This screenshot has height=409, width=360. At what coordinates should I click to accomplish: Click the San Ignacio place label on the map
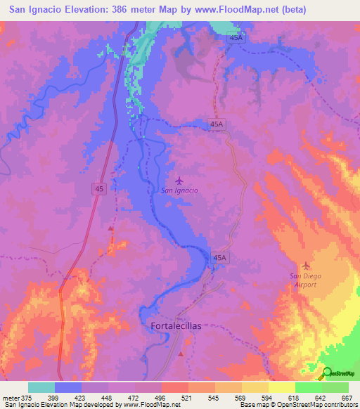[x=179, y=190]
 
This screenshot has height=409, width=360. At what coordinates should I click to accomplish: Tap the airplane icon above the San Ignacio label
[x=179, y=180]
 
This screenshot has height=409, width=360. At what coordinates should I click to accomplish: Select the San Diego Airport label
[x=304, y=280]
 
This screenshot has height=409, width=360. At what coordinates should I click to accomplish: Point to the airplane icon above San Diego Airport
[x=305, y=265]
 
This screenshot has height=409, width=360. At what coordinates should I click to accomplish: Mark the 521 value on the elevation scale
[x=188, y=397]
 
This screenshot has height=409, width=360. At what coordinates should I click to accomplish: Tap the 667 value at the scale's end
[x=346, y=397]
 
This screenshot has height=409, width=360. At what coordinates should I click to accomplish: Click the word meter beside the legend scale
[x=10, y=397]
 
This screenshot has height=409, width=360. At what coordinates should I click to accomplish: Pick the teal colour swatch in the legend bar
[x=41, y=387]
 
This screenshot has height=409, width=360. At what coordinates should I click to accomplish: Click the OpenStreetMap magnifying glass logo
[x=326, y=374]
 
